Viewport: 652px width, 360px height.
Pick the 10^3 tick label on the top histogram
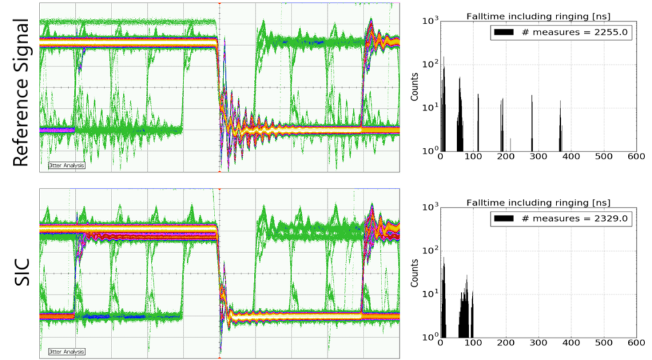(429, 21)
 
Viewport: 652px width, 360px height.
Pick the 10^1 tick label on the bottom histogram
(429, 292)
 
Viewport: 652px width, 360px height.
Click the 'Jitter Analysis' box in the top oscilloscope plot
(66, 165)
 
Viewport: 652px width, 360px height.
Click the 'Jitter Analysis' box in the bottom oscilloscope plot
(66, 351)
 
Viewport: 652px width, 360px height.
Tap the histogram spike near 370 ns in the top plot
(560, 127)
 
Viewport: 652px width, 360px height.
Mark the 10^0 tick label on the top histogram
(429, 151)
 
